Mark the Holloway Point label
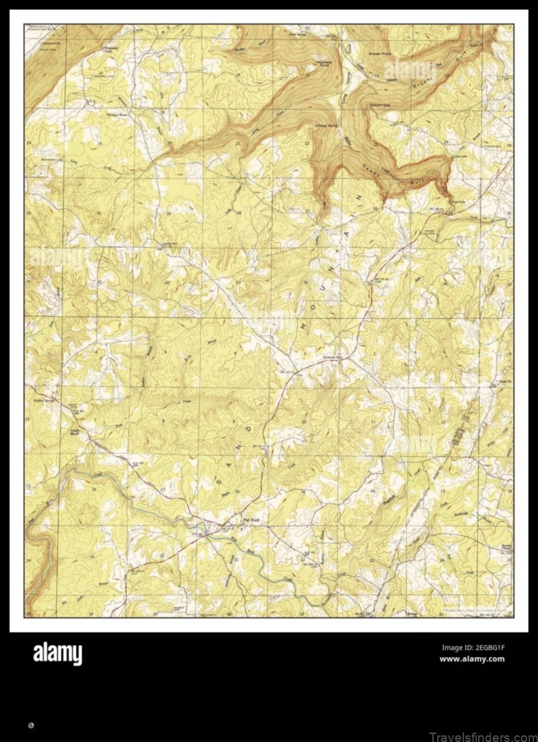309,62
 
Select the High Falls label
457,202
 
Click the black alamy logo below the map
58,654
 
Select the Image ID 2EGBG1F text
473,648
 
